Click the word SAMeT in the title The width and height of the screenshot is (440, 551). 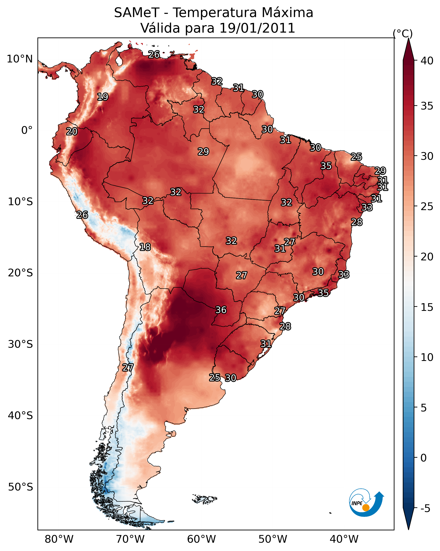[x=137, y=13]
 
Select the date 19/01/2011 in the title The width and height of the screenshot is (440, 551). [x=257, y=28]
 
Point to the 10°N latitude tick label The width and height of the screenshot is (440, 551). [x=20, y=59]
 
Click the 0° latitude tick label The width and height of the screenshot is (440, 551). [x=27, y=130]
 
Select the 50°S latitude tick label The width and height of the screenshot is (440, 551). [x=20, y=487]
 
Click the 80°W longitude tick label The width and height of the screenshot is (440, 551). [x=59, y=539]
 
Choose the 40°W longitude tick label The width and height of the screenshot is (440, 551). [x=344, y=539]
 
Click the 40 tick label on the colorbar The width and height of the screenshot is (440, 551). [x=427, y=61]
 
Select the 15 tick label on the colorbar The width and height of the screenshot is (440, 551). [x=427, y=307]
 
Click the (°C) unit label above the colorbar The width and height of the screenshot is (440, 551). [x=403, y=33]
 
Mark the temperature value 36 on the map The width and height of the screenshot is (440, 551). [x=221, y=310]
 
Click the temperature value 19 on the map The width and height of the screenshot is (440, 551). [x=103, y=97]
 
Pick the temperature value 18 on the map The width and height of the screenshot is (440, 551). [x=145, y=247]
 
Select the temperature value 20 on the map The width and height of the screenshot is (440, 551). [x=72, y=132]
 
